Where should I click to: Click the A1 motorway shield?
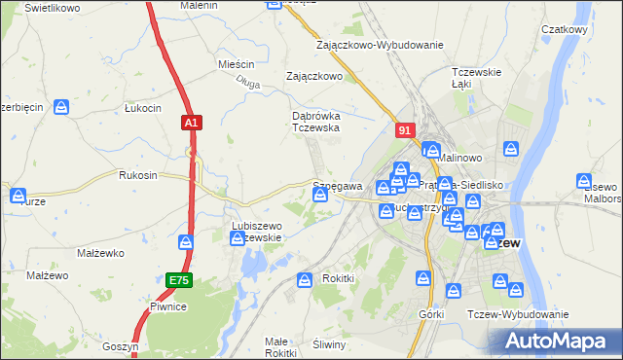pos(192,123)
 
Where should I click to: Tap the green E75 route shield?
pos(178,280)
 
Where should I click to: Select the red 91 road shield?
pos(407,128)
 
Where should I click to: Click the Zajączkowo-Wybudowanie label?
pos(380,45)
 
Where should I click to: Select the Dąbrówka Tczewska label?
pos(315,121)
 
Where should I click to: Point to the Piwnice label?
pos(167,306)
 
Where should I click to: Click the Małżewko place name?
pos(97,253)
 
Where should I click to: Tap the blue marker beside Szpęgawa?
pos(319,196)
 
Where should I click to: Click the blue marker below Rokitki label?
pos(304,280)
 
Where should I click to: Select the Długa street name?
pos(247,85)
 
